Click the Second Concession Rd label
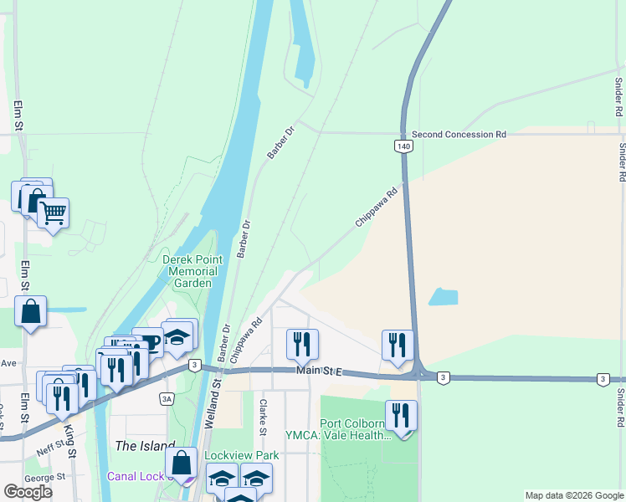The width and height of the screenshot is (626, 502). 459,134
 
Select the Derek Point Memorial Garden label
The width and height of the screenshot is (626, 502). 190,271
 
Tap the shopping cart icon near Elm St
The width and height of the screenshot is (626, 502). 53,213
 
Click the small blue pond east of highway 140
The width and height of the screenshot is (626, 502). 443,296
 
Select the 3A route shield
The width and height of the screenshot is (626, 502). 167,399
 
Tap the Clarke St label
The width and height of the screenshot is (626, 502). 263,417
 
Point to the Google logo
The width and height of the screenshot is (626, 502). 28,491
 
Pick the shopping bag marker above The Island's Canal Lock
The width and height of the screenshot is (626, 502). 181,463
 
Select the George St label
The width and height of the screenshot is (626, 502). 45,477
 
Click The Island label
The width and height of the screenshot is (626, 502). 146,446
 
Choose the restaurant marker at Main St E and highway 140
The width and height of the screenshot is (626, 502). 398,345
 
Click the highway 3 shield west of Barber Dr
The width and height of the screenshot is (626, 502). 194,365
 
